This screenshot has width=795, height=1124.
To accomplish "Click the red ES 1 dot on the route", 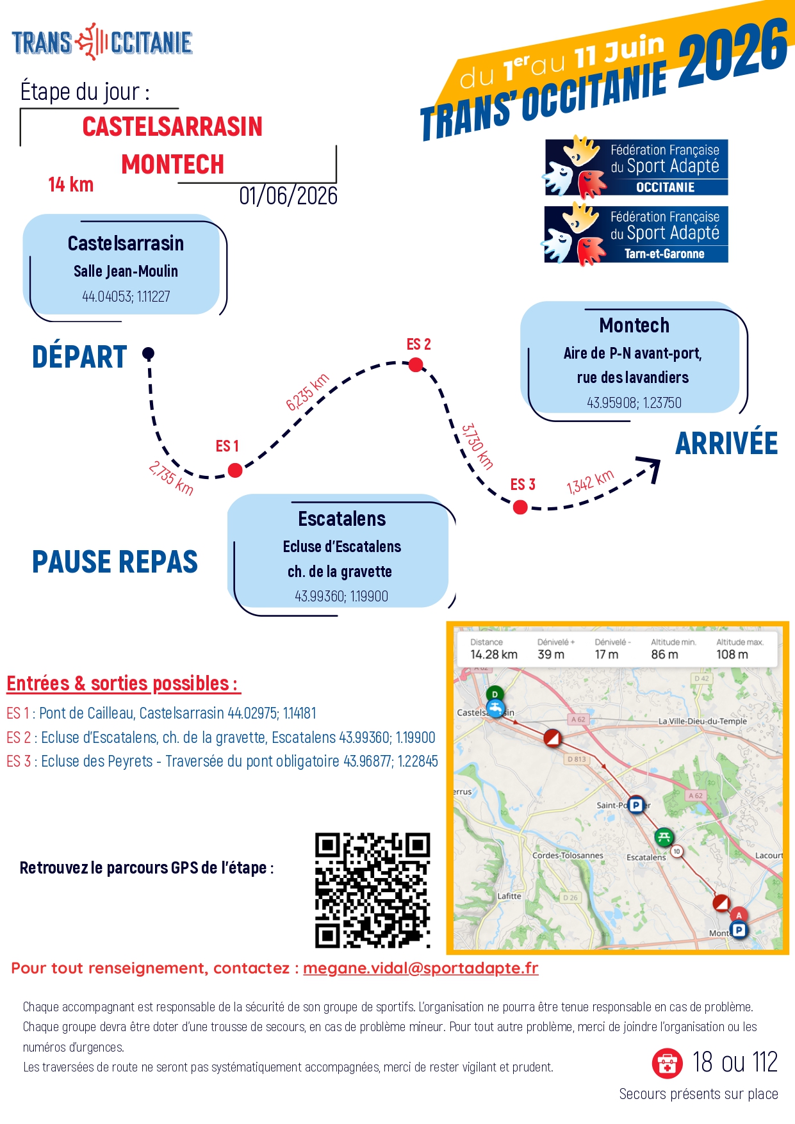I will coord(235,470).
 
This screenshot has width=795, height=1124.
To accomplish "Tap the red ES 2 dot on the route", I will coord(416,365).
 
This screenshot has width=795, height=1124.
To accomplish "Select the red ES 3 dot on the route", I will coord(520,507).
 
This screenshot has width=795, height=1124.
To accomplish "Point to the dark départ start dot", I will coord(148,353).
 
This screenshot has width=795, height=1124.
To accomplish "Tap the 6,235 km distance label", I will coord(307,391).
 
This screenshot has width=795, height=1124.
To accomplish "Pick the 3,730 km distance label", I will coord(477,446).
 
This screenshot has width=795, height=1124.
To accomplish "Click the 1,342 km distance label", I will coord(590,482).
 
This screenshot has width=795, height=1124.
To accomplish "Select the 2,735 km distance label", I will coord(170,478).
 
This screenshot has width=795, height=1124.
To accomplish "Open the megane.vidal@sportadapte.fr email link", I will coord(420,968).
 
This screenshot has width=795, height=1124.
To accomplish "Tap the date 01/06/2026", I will coord(288,196).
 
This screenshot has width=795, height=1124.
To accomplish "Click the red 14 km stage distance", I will coord(70,185).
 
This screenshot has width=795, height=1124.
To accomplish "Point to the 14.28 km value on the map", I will coord(493,655).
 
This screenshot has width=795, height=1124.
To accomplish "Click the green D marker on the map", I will coord(495,694).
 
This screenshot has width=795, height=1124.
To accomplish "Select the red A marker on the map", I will coord(739,915).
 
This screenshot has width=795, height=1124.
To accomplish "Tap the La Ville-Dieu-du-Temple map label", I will coord(702,721).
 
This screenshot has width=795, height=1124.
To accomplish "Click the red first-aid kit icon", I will coord(667,1063).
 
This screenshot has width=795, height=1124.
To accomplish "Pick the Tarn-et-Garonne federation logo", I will coord(636,234).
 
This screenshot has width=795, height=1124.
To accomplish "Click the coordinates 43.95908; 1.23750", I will coord(634,403).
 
